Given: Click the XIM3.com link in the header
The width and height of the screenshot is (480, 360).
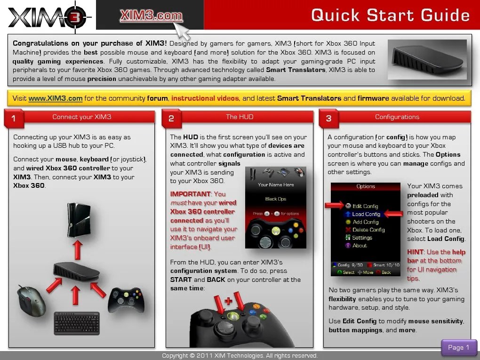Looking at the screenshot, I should (x=151, y=16).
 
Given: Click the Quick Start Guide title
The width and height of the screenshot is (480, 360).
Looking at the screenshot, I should (x=390, y=15).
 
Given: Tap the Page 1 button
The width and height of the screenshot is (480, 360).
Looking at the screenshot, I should (x=458, y=347).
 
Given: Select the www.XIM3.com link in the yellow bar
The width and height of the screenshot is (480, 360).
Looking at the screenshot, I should (x=56, y=98).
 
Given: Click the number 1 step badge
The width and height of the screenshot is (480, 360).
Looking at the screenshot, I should (x=13, y=119).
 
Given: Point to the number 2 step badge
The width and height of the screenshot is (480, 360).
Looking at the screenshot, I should (x=171, y=119).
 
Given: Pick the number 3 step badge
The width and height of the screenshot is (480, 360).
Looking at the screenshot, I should (x=328, y=119).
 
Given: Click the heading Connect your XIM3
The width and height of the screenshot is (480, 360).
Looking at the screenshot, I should (x=82, y=117).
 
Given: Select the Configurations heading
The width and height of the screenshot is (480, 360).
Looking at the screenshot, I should (x=397, y=117).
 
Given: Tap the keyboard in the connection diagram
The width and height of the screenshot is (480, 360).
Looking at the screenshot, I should (x=77, y=323).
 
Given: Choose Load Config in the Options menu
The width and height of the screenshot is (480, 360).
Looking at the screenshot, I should (x=366, y=214).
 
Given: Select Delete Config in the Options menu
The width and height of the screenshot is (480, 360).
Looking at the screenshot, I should (x=368, y=230).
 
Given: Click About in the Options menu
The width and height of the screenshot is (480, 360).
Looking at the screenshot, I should (x=360, y=245).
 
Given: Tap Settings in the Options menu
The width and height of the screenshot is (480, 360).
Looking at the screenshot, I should (x=362, y=238).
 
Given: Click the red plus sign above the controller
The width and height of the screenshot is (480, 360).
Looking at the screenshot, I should (x=228, y=300).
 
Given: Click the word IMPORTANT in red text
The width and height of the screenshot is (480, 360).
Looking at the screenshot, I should (x=190, y=194).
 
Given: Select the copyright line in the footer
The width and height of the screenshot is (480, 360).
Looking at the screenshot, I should (x=240, y=356).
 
